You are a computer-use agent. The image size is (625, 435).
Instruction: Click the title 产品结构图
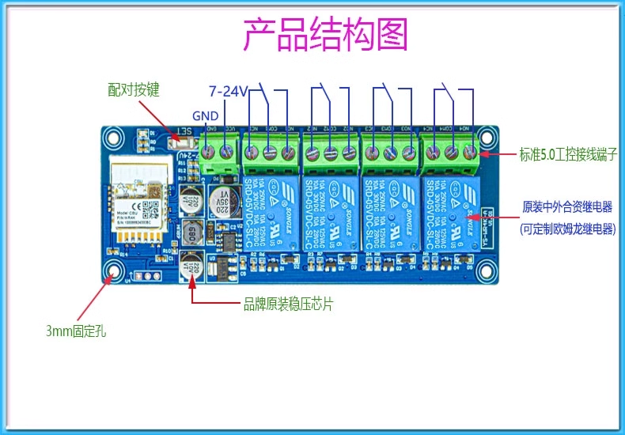pos(324,35)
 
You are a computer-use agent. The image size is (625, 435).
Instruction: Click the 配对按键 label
pos(134,89)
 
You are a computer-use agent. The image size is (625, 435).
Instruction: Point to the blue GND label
pos(205,115)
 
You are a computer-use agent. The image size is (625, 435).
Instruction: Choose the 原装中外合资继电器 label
pos(567,207)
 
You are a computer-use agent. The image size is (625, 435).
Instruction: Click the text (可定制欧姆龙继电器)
pos(567,229)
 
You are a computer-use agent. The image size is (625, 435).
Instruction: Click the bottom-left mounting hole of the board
pos(116,270)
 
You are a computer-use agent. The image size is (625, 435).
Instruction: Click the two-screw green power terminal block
pos(218,155)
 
